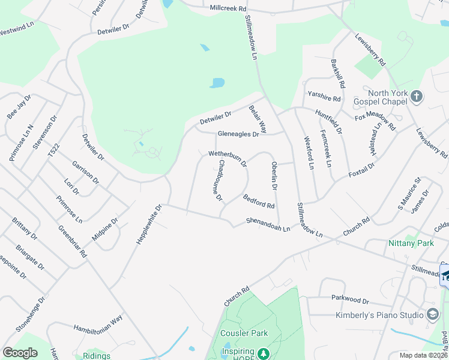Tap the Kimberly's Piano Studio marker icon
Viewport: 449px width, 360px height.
(433, 314)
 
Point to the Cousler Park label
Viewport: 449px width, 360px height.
(244, 333)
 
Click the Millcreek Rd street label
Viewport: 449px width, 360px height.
(228, 8)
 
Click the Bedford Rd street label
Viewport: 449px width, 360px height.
(259, 201)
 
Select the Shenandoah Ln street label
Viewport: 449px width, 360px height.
(268, 224)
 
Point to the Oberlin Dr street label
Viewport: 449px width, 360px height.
(274, 176)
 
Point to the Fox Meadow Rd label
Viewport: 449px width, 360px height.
(375, 119)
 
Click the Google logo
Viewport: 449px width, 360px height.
(20, 352)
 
